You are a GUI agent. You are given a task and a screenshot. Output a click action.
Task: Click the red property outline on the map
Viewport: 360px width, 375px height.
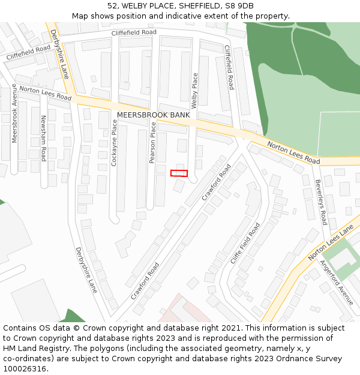[179, 173]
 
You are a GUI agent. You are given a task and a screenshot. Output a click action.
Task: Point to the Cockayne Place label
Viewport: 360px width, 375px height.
[115, 142]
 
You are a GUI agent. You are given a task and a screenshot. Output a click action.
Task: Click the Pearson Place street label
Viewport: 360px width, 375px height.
[152, 143]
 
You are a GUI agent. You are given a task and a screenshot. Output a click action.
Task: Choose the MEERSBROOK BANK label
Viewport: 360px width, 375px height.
[153, 115]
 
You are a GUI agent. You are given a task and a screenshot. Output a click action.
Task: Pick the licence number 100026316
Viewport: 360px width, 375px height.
[26, 369]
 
